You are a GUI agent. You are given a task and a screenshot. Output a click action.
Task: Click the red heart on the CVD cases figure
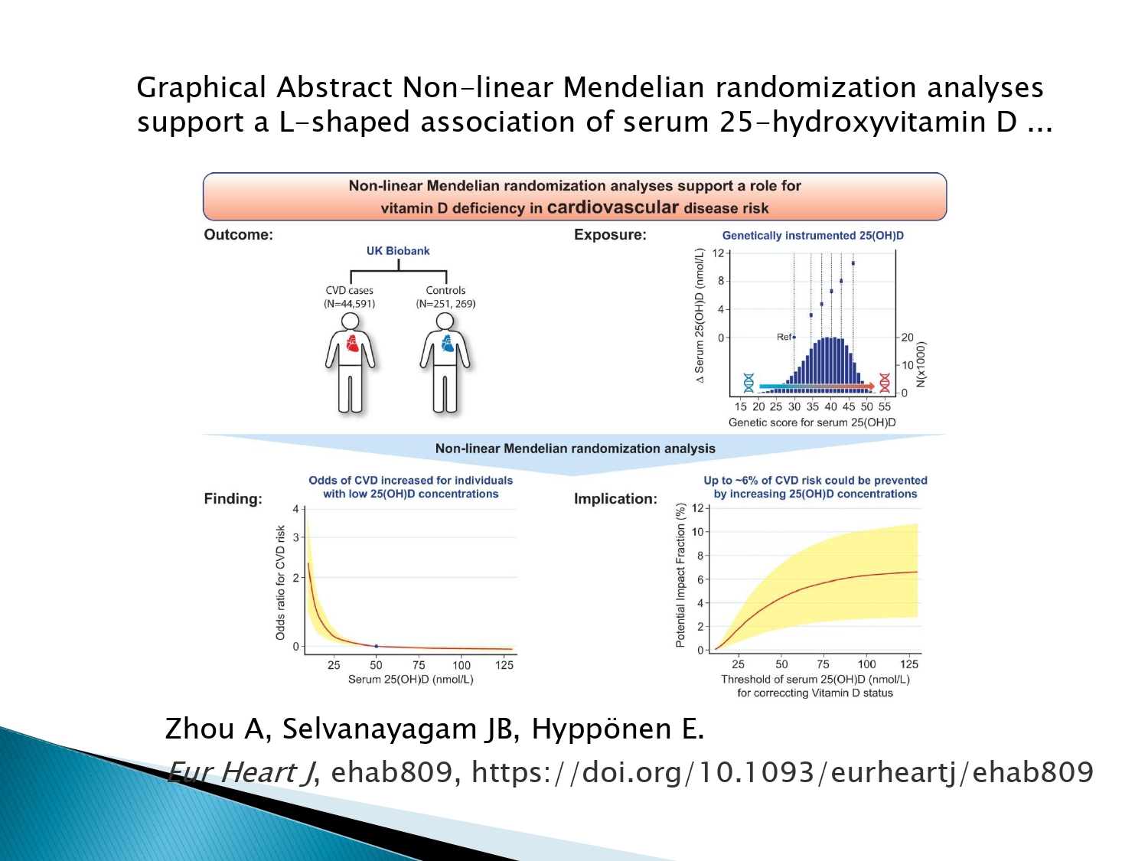353,343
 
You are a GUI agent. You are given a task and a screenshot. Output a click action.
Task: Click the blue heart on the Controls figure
448,343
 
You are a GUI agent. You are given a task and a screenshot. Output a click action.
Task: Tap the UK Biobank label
398,251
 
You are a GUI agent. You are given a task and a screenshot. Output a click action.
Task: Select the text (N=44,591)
349,304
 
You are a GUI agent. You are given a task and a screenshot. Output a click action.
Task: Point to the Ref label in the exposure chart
784,338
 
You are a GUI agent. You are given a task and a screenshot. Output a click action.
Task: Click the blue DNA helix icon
748,383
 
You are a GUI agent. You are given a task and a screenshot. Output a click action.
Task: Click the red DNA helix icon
885,383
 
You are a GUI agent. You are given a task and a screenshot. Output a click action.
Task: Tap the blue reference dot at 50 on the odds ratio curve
376,647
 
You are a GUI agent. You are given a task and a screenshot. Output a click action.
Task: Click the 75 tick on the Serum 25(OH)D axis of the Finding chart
419,665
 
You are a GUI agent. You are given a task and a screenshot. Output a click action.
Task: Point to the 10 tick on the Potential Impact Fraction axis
698,532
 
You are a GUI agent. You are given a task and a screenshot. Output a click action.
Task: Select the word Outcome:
239,235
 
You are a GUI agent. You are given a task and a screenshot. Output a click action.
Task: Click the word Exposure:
610,235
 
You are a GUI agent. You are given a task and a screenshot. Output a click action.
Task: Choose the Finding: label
233,499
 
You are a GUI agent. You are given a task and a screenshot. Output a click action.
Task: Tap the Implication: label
615,499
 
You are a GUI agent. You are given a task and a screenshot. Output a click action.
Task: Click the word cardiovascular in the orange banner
613,207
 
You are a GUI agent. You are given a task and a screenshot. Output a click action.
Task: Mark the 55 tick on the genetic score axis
885,406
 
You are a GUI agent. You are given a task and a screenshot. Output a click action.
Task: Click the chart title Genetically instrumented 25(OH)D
813,236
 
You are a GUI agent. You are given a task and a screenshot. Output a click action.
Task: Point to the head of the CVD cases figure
350,321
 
